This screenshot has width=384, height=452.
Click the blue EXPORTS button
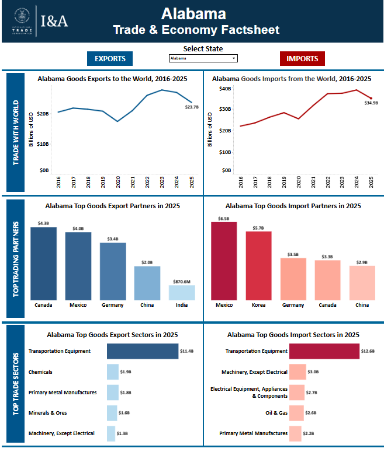click(110, 58)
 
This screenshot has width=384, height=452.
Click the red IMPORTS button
click(302, 58)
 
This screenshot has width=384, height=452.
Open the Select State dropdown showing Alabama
click(202, 58)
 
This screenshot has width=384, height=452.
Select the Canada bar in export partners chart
click(43, 263)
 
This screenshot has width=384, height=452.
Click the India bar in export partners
click(182, 292)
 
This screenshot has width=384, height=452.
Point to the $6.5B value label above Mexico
click(224, 218)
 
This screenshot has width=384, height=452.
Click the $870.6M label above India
click(182, 281)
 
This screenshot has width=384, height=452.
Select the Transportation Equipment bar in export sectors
click(142, 351)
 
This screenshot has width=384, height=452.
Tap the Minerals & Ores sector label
click(47, 413)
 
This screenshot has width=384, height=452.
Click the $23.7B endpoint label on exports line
click(192, 107)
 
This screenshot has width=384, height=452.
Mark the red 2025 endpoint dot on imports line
click(371, 98)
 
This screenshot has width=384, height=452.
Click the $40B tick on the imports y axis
click(225, 89)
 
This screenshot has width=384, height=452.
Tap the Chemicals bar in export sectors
click(112, 372)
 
